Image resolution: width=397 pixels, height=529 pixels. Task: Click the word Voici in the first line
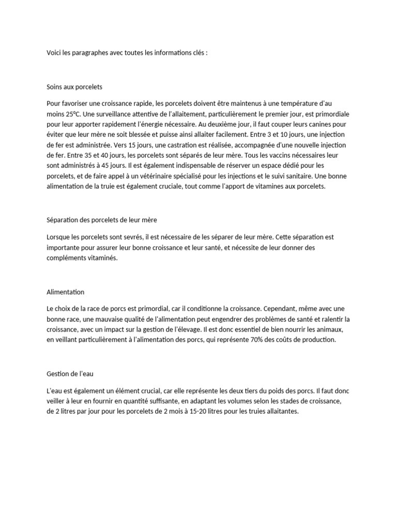coord(54,53)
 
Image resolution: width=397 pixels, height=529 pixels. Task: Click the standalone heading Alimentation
coord(65,292)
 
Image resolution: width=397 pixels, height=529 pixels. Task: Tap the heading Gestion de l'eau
coord(71,373)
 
